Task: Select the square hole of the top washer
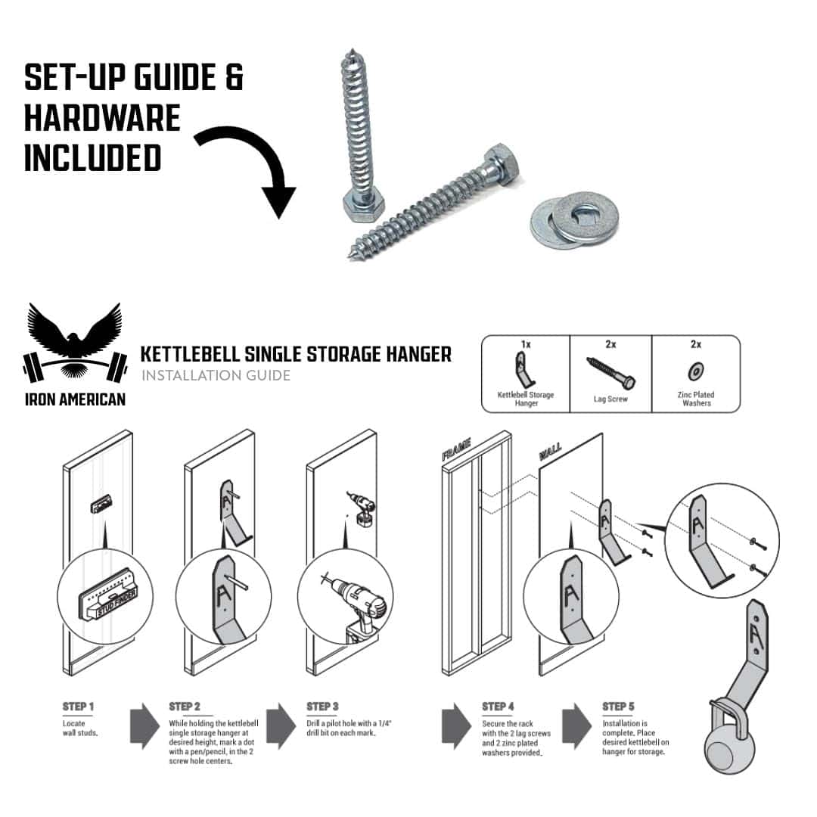pyautogui.click(x=584, y=213)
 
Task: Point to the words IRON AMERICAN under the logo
pyautogui.click(x=76, y=399)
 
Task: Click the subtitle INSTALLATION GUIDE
pyautogui.click(x=216, y=375)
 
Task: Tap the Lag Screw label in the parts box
pyautogui.click(x=610, y=399)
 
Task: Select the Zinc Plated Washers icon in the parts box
pyautogui.click(x=695, y=372)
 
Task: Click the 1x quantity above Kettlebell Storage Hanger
pyautogui.click(x=526, y=344)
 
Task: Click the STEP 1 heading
pyautogui.click(x=78, y=707)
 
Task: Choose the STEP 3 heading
pyautogui.click(x=322, y=707)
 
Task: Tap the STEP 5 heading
pyautogui.click(x=619, y=707)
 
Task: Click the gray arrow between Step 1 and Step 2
pyautogui.click(x=144, y=725)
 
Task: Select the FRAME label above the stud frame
pyautogui.click(x=456, y=449)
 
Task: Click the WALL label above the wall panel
pyautogui.click(x=550, y=451)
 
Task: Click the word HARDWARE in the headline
pyautogui.click(x=102, y=118)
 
